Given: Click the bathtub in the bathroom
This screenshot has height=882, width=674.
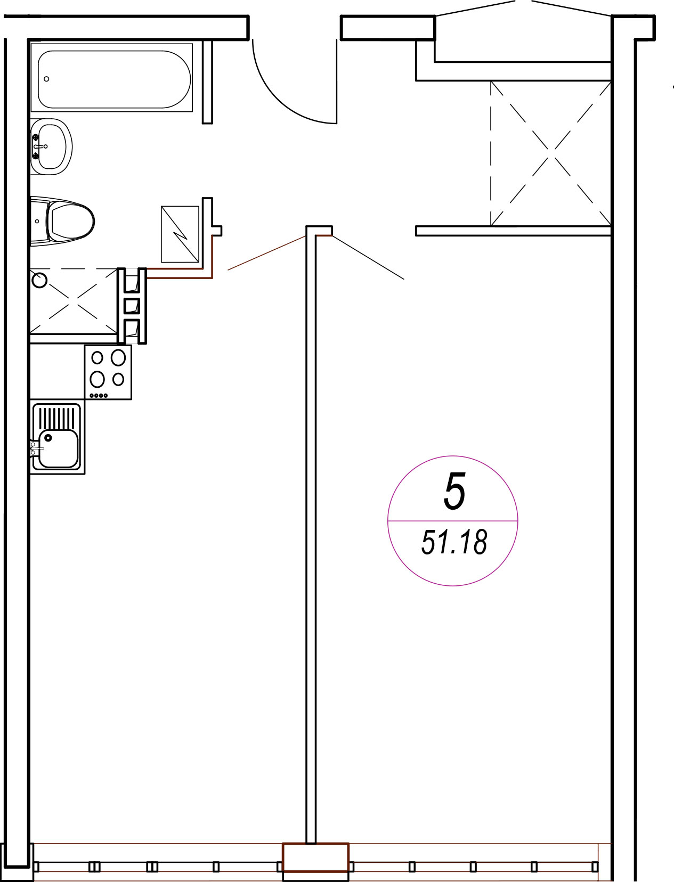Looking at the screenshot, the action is [x=112, y=77].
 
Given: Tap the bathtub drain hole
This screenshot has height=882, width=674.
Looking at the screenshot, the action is [x=47, y=79].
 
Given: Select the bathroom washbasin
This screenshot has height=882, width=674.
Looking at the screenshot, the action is [x=52, y=146].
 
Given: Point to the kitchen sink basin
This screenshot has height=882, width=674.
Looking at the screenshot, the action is [x=59, y=449].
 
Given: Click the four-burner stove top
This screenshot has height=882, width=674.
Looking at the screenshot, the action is [x=108, y=372].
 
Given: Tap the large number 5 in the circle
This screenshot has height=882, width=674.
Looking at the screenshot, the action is [x=454, y=492].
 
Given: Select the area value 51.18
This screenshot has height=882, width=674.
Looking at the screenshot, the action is [x=454, y=542].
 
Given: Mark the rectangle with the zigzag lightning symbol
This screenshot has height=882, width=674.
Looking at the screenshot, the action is [x=180, y=234].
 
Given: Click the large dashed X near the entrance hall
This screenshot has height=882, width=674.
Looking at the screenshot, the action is [x=551, y=153].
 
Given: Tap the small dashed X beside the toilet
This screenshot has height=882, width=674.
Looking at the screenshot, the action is [x=74, y=300].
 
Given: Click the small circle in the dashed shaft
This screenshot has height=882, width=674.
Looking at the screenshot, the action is [x=39, y=280].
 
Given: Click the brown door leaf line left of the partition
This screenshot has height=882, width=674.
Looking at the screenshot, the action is [x=266, y=253].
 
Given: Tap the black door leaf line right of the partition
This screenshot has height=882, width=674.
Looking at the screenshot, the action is [x=368, y=258].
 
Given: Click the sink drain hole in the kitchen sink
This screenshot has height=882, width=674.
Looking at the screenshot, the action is [x=48, y=438].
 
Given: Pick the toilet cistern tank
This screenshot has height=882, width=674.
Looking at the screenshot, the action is [x=39, y=221].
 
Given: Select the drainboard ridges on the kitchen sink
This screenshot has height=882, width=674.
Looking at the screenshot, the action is [x=56, y=418].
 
